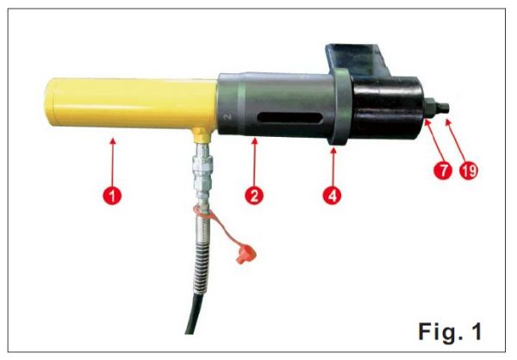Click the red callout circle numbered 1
pyautogui.click(x=112, y=196)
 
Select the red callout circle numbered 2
pyautogui.click(x=254, y=196)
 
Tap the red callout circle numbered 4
pyautogui.click(x=332, y=196)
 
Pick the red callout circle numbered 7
pyautogui.click(x=443, y=171)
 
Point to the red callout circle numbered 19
pyautogui.click(x=469, y=171)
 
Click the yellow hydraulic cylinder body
pyautogui.click(x=131, y=104)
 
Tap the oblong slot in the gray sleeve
pyautogui.click(x=290, y=118)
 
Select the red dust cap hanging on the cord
pyautogui.click(x=246, y=255)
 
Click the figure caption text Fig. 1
pyautogui.click(x=450, y=332)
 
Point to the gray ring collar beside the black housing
pyautogui.click(x=340, y=107)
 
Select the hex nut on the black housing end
pyautogui.click(x=430, y=109)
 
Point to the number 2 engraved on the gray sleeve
pyautogui.click(x=227, y=117)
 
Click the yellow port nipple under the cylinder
pyautogui.click(x=202, y=135)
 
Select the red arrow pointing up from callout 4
pyautogui.click(x=333, y=167)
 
